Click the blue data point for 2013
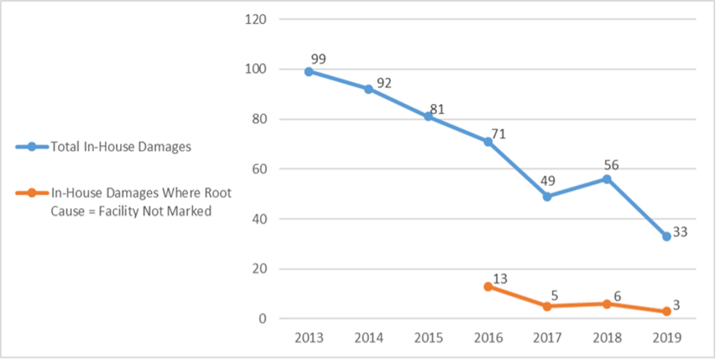(309, 72)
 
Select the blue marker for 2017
(547, 196)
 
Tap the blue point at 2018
(607, 179)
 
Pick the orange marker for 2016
(488, 287)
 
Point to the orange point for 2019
(666, 312)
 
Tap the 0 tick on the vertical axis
(260, 319)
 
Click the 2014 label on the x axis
(368, 338)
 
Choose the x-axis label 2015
(428, 338)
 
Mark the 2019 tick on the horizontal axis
(666, 338)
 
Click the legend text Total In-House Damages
(121, 147)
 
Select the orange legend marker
(31, 194)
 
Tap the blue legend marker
(31, 147)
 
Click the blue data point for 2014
(368, 89)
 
